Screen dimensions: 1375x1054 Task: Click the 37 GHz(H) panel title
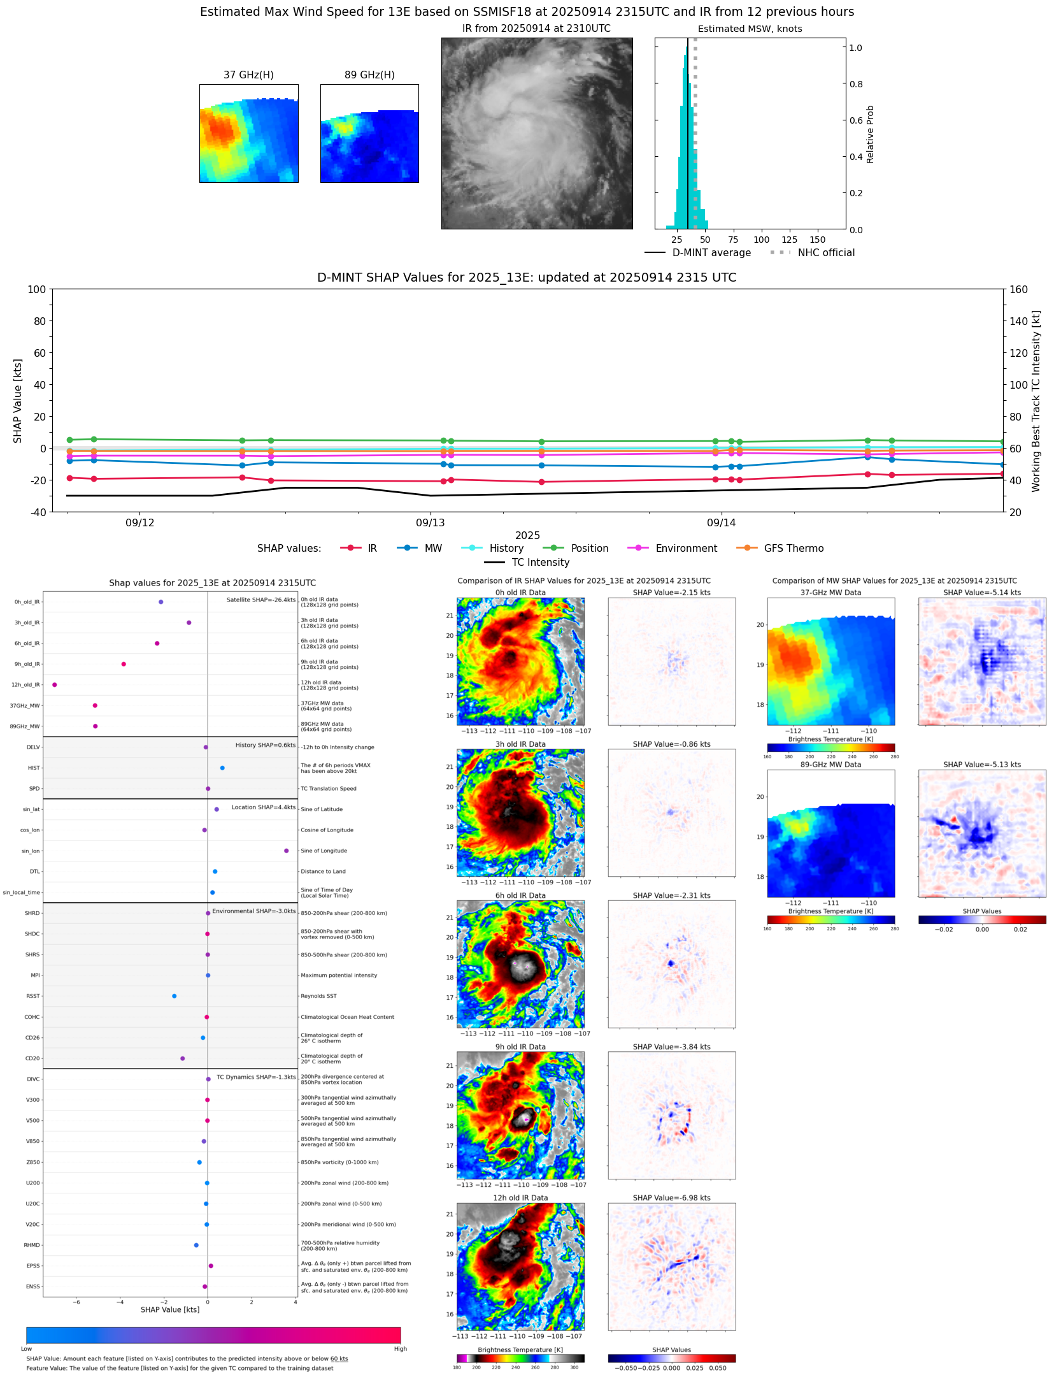point(248,75)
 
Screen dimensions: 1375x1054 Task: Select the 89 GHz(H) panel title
point(369,75)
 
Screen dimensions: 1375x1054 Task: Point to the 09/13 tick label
point(430,523)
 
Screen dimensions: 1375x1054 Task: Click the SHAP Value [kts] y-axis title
point(18,401)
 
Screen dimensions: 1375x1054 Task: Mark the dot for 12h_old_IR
point(55,685)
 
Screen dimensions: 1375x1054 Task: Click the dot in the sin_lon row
point(287,851)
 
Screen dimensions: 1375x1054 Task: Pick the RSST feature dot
point(174,997)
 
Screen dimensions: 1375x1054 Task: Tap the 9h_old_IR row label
point(27,665)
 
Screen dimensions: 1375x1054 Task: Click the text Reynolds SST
point(318,997)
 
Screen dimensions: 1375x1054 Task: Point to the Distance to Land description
point(323,872)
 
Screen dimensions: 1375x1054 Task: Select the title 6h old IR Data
point(520,896)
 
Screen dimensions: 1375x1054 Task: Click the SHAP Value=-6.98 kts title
point(671,1199)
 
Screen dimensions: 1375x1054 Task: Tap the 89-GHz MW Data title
point(830,765)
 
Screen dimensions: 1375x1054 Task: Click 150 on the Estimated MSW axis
point(817,240)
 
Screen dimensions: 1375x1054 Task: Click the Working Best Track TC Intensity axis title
point(1036,401)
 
